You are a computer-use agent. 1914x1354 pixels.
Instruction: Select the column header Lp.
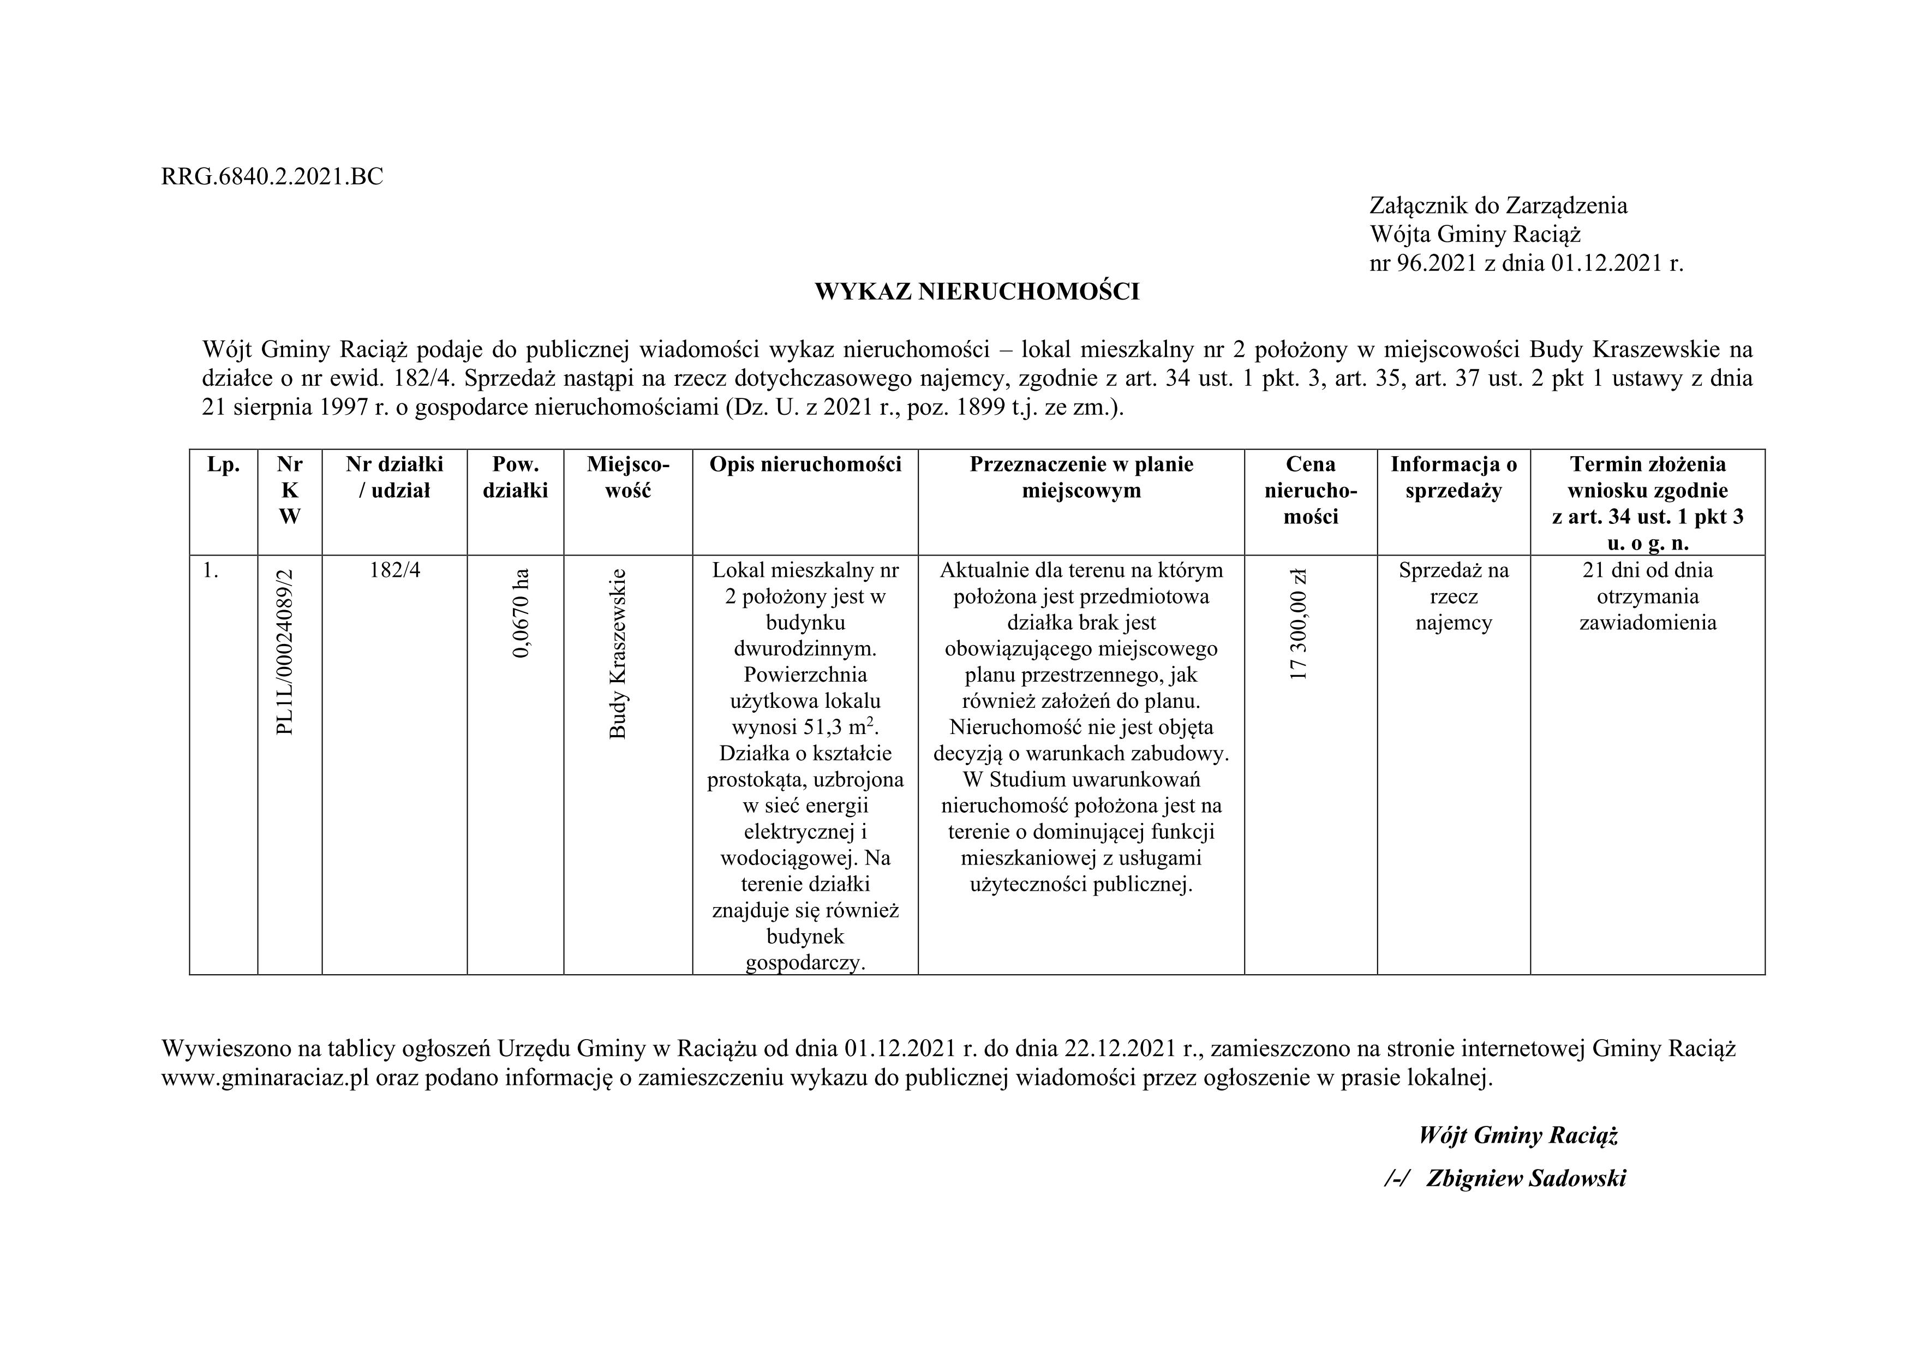click(x=223, y=464)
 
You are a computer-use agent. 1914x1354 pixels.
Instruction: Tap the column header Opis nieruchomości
click(x=805, y=464)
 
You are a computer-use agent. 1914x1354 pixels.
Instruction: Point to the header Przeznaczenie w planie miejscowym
click(x=1081, y=477)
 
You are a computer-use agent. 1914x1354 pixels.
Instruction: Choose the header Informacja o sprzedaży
click(x=1454, y=477)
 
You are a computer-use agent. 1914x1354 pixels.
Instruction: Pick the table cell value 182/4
click(x=394, y=570)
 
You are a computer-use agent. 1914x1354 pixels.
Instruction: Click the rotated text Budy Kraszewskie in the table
click(x=617, y=654)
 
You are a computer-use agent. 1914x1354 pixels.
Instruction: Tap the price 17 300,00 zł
click(x=1298, y=624)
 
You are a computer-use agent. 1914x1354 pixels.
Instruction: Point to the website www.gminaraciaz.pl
click(x=265, y=1078)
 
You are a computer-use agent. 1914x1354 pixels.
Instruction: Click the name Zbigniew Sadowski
click(x=1526, y=1178)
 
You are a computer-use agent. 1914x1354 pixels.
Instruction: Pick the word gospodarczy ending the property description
click(x=805, y=963)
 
